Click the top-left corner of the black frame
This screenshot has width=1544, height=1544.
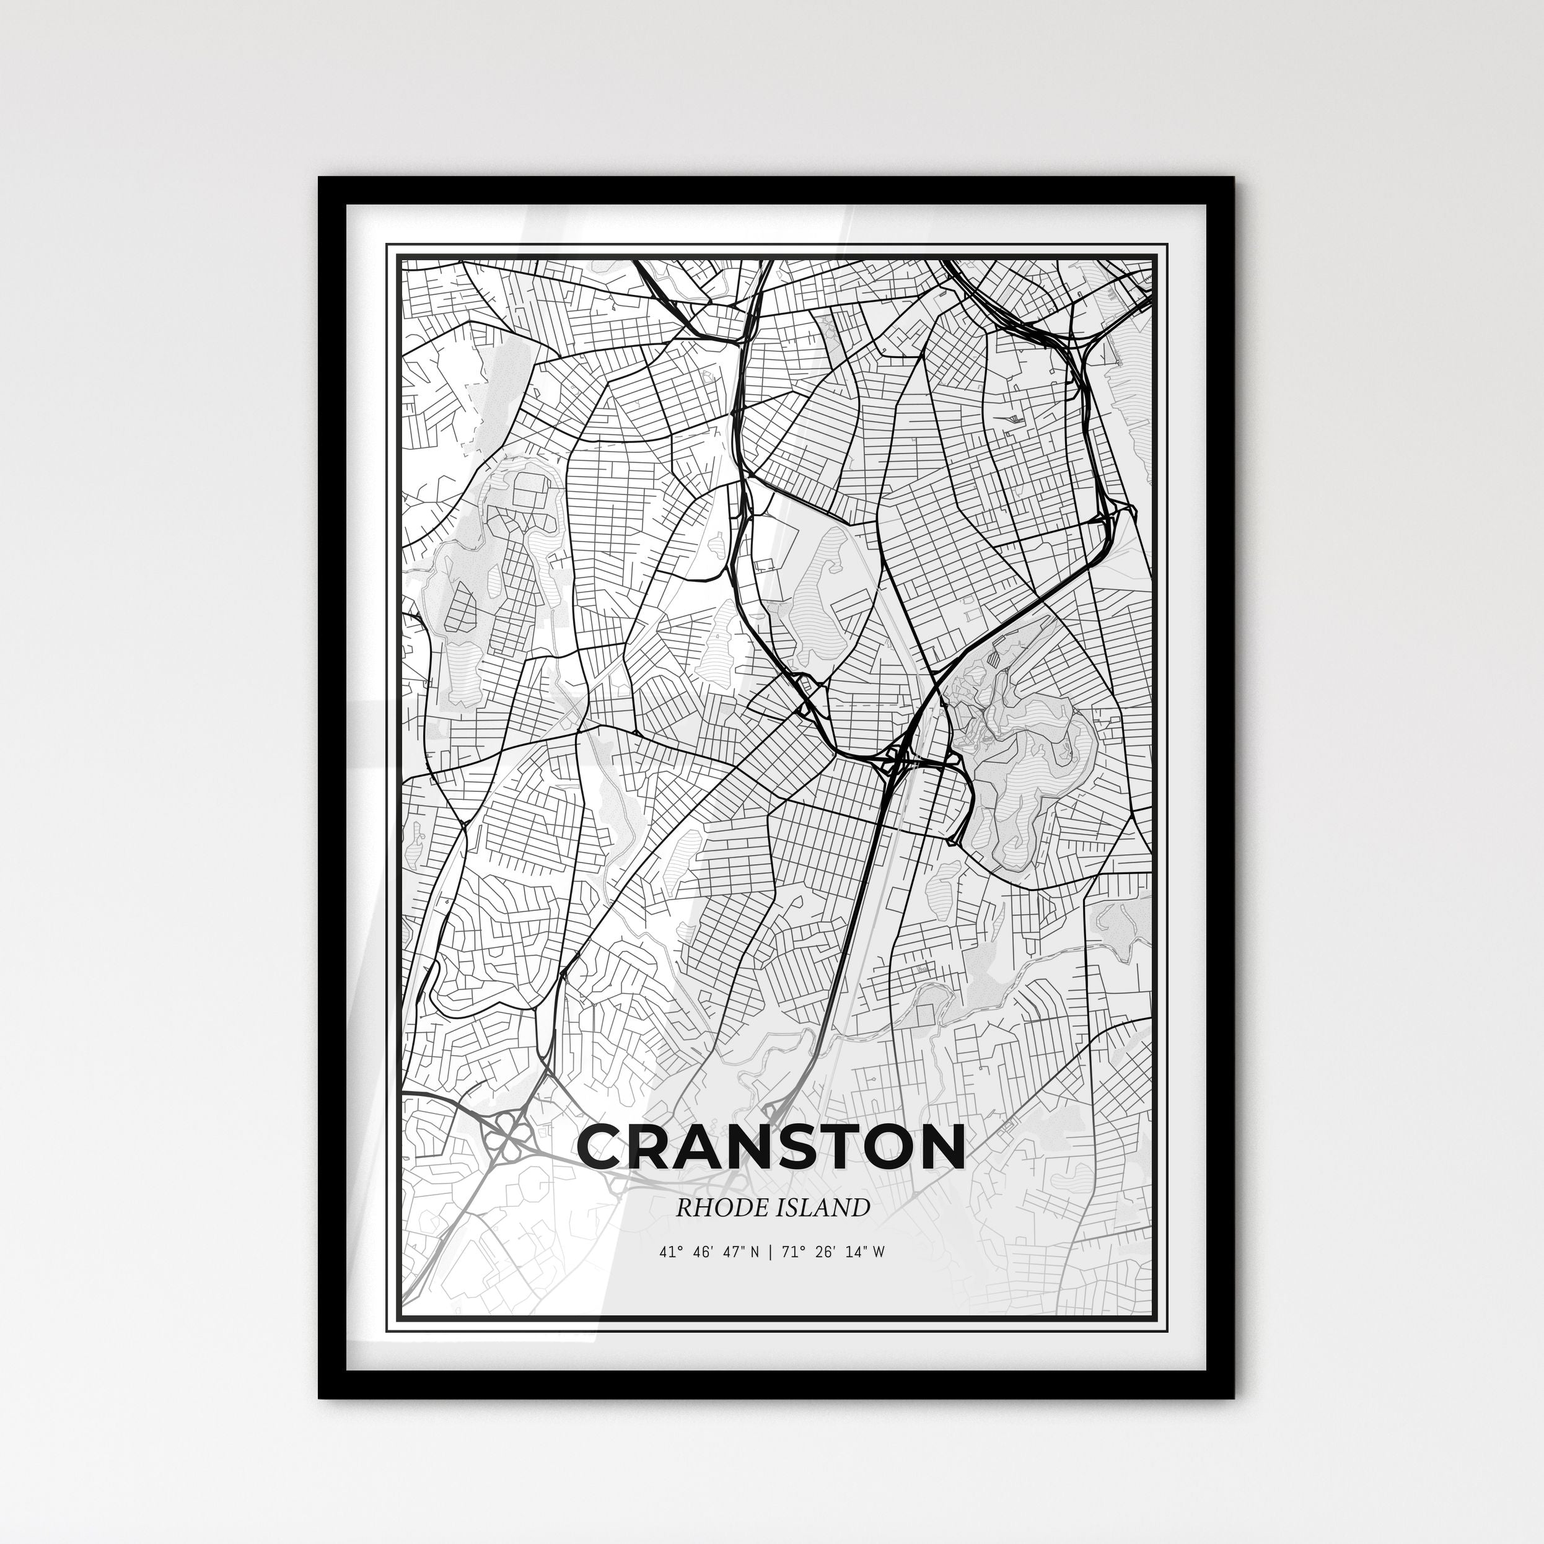click(320, 178)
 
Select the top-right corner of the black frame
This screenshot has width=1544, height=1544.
click(1233, 178)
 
